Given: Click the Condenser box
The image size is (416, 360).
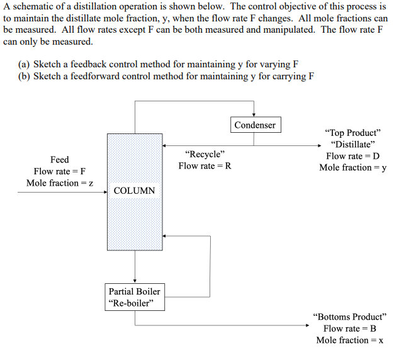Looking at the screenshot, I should [255, 125].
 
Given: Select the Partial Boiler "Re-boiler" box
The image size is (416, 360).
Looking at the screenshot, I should [134, 297].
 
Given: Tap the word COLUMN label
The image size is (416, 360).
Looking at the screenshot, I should [134, 190].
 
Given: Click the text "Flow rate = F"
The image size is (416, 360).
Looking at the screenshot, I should [60, 171].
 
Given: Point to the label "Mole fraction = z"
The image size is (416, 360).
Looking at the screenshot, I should [60, 183].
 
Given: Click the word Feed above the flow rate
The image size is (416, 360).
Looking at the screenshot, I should [60, 160].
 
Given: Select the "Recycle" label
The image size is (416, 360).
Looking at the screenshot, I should [205, 154].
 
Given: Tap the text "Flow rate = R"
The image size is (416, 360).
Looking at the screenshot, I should [205, 166].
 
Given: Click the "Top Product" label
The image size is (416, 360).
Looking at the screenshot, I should [352, 133].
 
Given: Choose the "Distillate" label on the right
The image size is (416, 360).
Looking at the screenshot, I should [352, 144].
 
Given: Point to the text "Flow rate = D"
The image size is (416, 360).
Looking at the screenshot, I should [352, 156].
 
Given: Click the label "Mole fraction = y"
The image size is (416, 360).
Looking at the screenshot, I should [352, 167].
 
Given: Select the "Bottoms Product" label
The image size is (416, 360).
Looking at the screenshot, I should [349, 317].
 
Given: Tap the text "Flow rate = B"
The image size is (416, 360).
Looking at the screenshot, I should [349, 329].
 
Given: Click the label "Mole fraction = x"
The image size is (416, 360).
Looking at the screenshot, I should [349, 340].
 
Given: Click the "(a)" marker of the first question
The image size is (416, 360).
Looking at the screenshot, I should [25, 64].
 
